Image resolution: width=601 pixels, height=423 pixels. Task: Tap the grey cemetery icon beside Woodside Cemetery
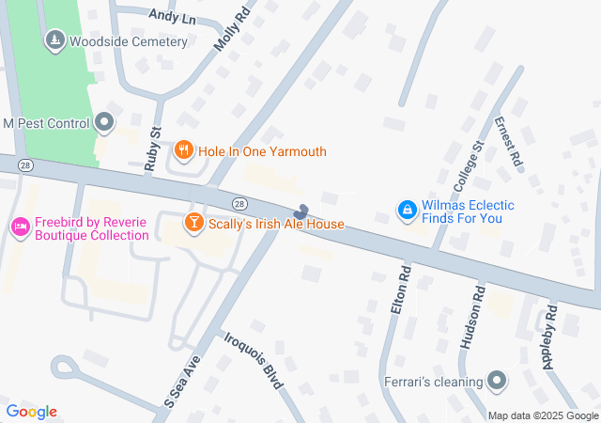pos(54,40)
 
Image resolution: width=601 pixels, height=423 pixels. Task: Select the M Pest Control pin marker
pos(104,122)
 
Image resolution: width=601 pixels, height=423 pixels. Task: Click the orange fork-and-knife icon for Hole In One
pos(184,150)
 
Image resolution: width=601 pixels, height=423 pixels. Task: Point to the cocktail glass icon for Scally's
pos(193,224)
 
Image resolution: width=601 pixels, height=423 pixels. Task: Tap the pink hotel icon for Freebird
pos(19,226)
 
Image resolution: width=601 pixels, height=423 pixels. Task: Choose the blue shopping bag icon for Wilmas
pos(407,211)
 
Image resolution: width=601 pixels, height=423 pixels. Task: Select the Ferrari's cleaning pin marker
pos(498,382)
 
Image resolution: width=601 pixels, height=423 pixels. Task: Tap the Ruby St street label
pos(155,146)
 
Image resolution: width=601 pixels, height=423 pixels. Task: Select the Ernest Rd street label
pos(507,142)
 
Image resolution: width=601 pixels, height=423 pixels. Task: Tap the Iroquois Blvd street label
pos(253,358)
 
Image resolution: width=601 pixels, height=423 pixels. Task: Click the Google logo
pos(32,412)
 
